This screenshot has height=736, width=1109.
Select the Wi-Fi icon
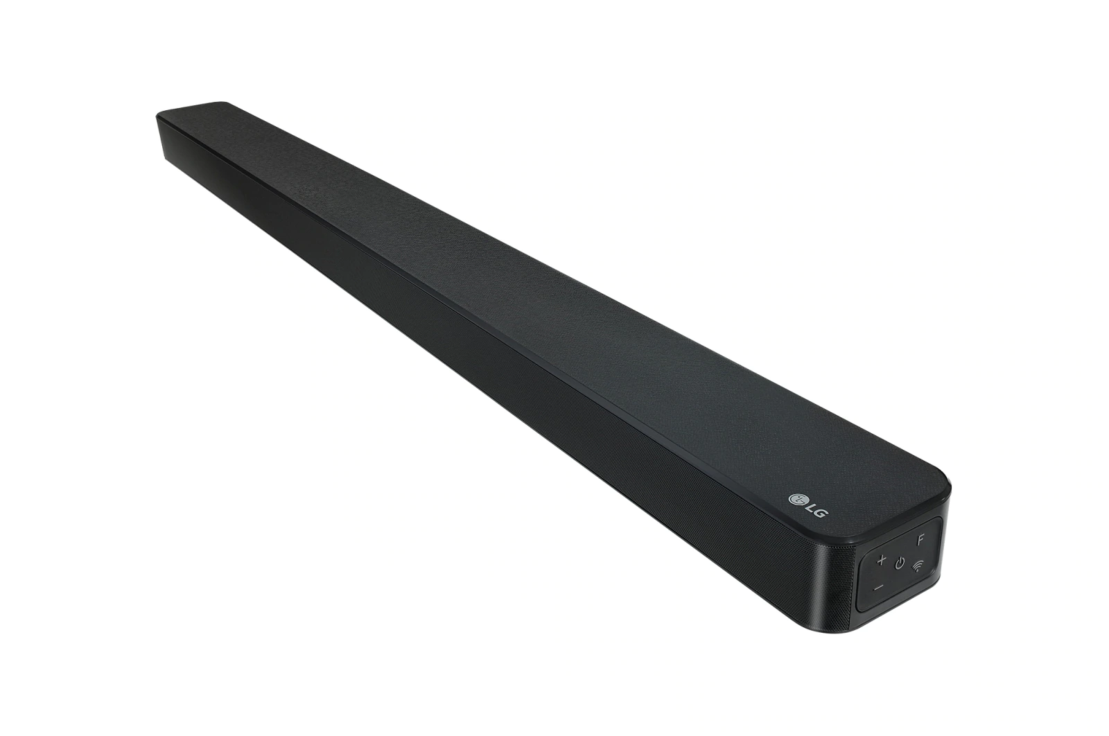point(919,566)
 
